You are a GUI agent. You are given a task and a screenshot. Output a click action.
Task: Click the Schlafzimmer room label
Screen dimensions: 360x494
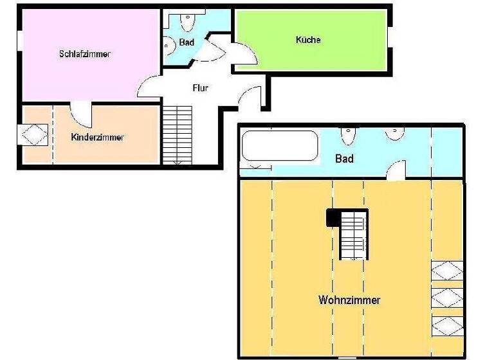[x=84, y=54]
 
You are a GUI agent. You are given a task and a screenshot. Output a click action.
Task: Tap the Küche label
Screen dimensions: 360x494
[x=308, y=40]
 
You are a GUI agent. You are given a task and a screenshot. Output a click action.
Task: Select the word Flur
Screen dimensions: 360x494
[x=200, y=88]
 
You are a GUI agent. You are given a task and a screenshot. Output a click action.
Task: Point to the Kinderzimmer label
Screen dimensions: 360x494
[x=97, y=137]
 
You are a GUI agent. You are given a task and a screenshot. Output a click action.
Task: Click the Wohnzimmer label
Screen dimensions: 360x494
[x=349, y=300]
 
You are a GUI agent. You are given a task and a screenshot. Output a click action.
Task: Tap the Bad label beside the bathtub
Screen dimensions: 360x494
[x=345, y=158]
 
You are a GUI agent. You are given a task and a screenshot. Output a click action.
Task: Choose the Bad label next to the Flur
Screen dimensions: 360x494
[x=187, y=42]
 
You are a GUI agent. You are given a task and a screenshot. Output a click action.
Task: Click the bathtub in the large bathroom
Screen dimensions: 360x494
[x=280, y=147]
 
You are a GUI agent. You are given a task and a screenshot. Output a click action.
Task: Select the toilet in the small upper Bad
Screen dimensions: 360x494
[x=187, y=21]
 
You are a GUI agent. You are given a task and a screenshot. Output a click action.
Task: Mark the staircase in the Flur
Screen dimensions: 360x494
[x=177, y=134]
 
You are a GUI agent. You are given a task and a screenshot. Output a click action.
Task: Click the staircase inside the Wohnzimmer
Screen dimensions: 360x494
[x=352, y=235]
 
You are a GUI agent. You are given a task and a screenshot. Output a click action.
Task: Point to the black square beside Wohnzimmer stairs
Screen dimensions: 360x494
[x=333, y=219]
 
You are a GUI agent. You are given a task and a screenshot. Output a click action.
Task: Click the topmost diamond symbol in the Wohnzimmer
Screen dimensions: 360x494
[x=446, y=271]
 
